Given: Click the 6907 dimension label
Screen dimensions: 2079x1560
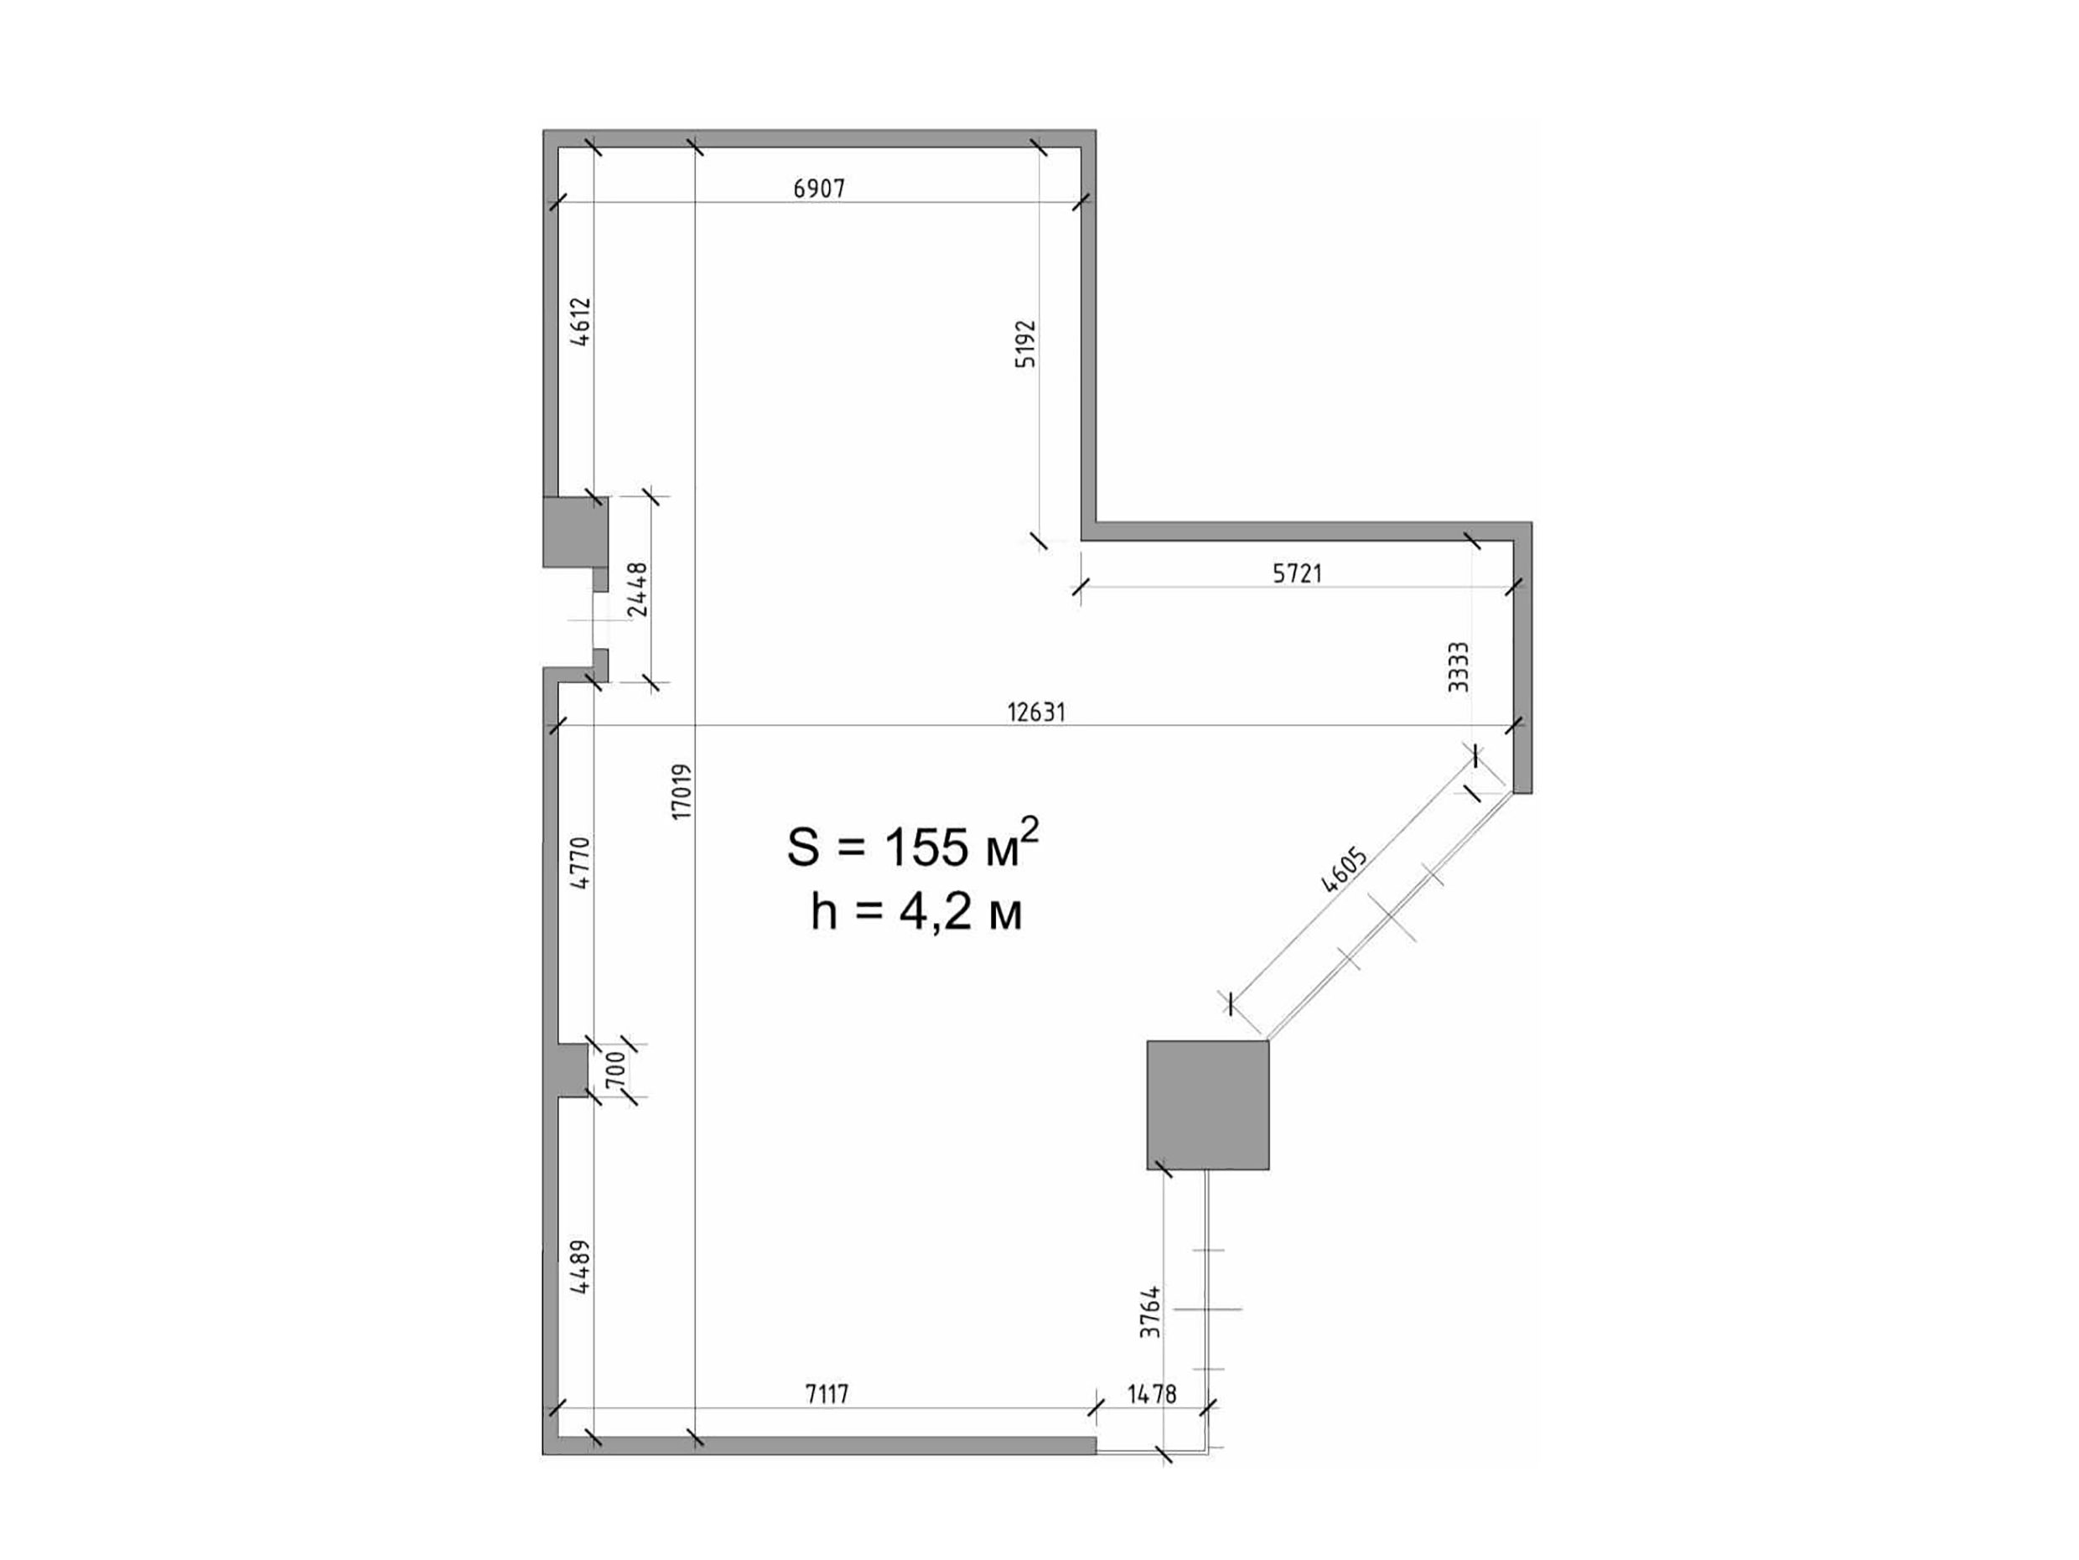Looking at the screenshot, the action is click(819, 189).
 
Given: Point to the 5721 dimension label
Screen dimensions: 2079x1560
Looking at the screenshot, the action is click(1297, 573).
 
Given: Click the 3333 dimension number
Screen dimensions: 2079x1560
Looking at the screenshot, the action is click(1458, 666).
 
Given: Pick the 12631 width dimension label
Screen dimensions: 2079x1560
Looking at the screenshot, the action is click(1037, 713).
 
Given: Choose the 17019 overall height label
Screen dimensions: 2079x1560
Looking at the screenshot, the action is click(682, 791).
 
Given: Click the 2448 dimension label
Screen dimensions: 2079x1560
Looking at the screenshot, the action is click(638, 589).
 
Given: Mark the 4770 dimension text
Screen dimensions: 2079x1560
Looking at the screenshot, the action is click(581, 863).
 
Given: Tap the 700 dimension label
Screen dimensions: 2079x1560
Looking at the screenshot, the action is click(614, 1070).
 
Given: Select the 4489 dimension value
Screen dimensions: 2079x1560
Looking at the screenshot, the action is click(581, 1268).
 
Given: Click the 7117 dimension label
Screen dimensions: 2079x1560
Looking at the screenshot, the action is click(827, 1394).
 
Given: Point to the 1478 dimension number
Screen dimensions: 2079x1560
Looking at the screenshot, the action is click(1151, 1394).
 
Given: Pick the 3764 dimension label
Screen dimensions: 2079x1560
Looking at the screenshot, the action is click(1150, 1312).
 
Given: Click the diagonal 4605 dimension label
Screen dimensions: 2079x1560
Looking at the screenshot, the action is click(1344, 870).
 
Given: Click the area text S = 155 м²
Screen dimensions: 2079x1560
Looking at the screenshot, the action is click(913, 843).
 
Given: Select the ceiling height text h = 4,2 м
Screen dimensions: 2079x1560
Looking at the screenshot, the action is click(916, 910).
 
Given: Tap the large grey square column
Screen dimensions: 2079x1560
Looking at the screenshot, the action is click(1208, 1104).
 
